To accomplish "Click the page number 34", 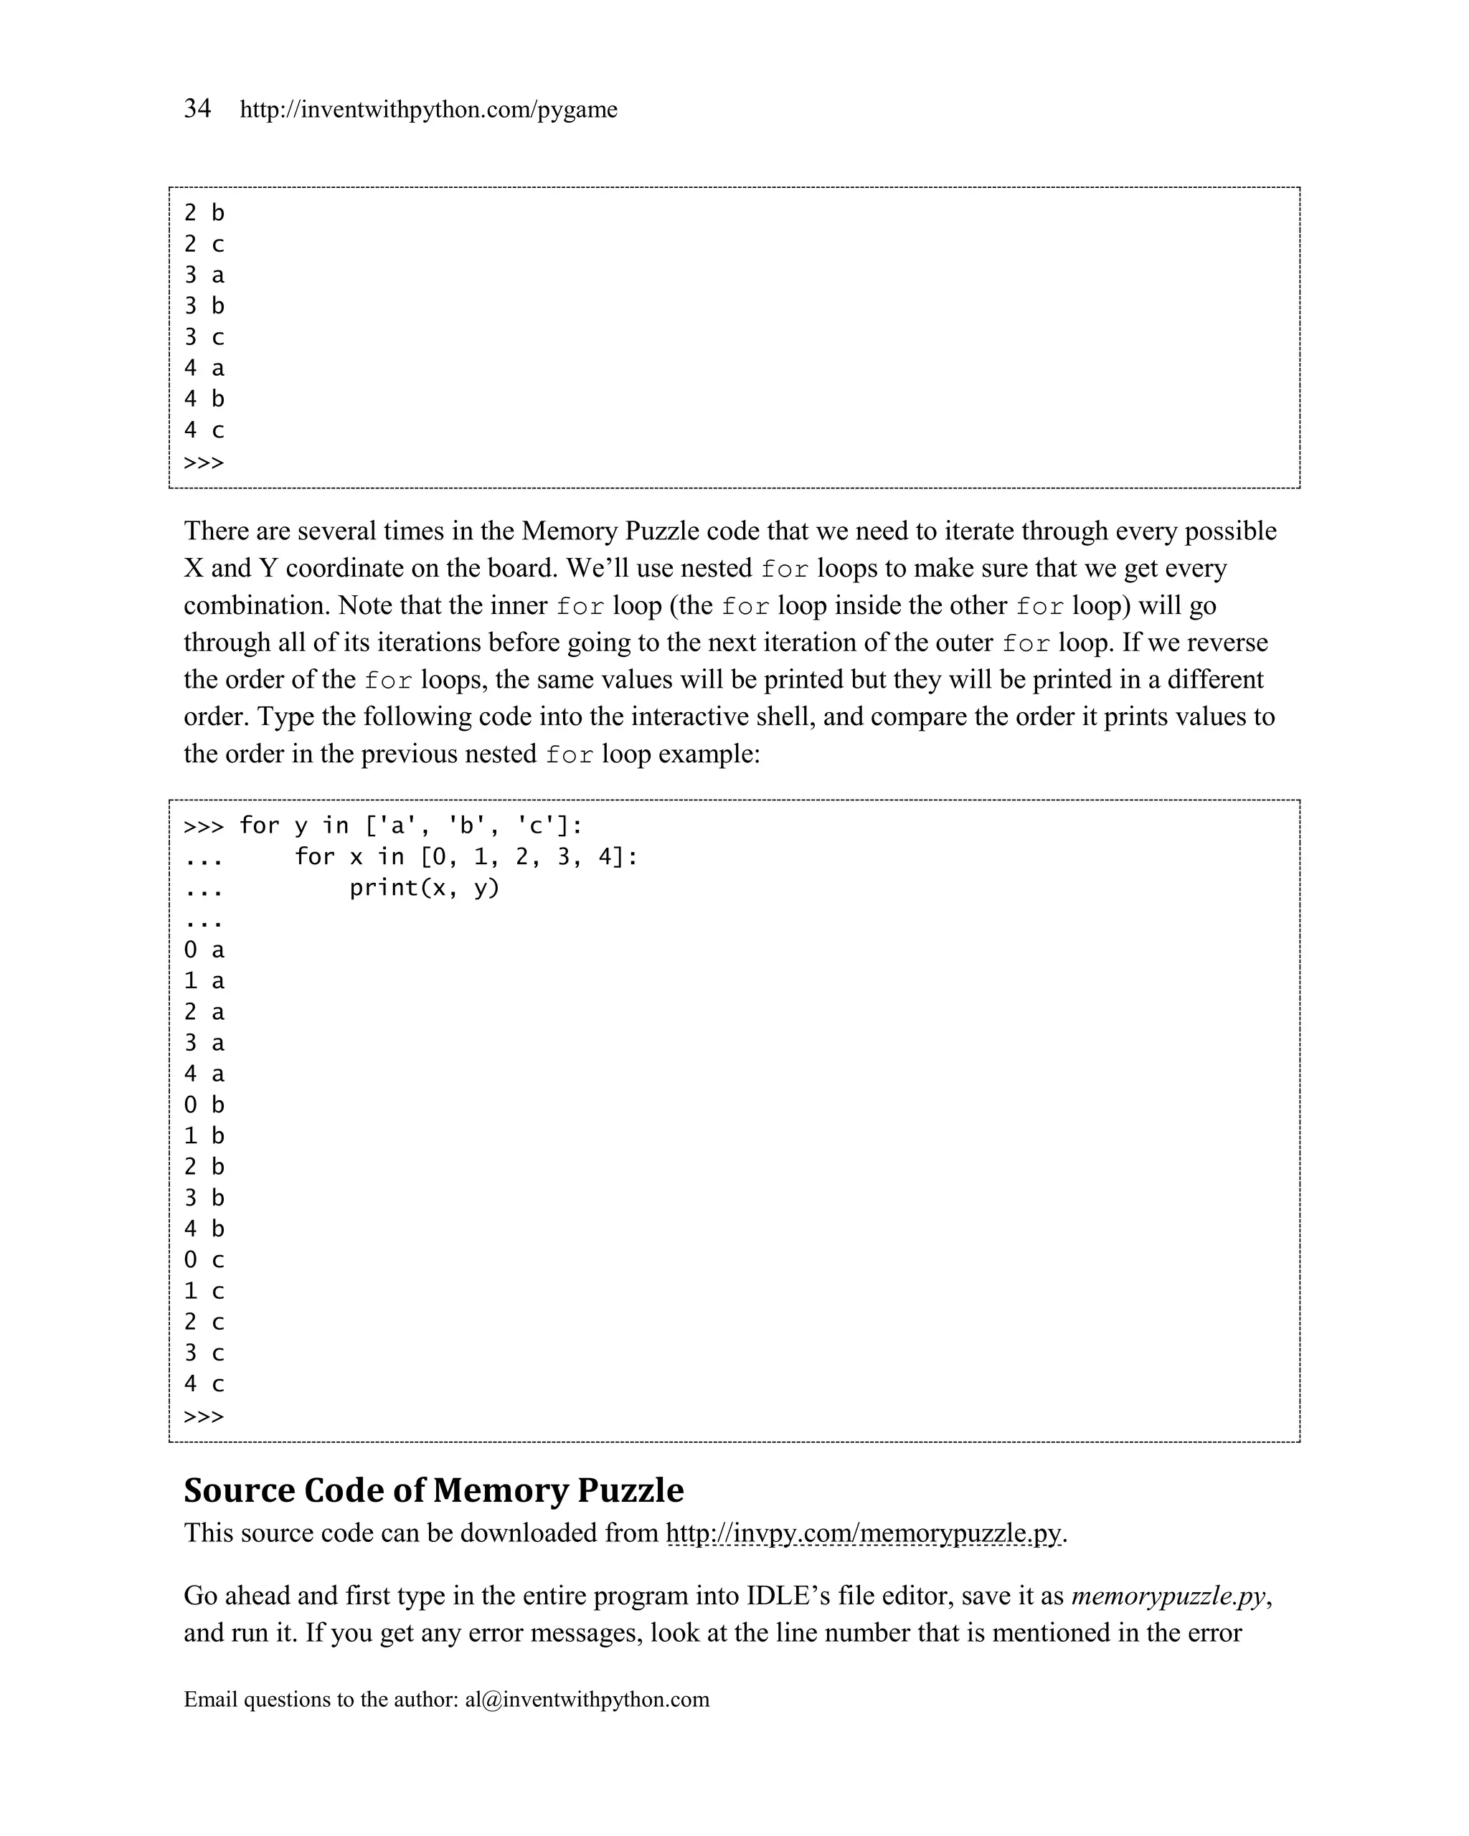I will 197,108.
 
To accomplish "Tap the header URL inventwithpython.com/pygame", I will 428,110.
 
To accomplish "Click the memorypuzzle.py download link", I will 864,1533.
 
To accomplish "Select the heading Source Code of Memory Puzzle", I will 433,1490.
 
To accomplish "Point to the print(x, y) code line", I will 424,887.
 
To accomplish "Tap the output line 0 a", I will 204,950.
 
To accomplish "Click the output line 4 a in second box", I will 204,1074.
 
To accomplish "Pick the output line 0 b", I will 204,1104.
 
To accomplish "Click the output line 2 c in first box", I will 204,245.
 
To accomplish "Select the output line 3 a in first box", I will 204,275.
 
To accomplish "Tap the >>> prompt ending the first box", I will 204,463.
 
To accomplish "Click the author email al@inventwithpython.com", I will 587,1699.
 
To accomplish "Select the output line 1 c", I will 204,1291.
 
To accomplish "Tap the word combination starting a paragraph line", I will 256,605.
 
